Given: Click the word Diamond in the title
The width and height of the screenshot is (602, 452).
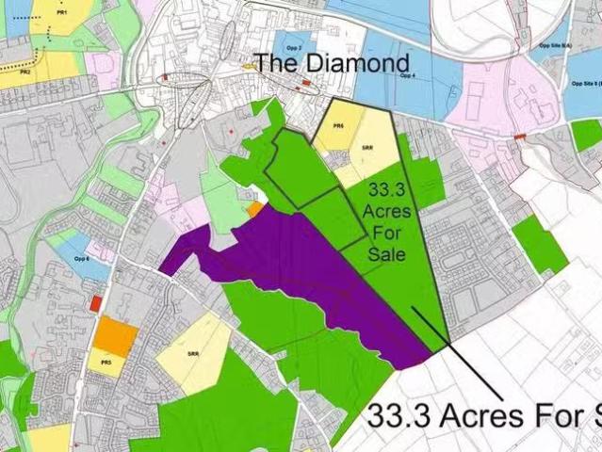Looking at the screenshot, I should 363,63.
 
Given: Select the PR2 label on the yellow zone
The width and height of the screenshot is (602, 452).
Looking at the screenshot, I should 26,72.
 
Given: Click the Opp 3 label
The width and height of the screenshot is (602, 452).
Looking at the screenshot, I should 292,44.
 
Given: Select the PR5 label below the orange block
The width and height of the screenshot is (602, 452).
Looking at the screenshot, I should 106,363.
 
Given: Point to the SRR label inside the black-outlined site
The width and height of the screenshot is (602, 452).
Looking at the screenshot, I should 368,147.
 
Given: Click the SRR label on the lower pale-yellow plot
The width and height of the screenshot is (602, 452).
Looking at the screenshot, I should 193,353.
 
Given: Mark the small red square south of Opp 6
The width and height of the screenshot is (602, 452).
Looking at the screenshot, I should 96,303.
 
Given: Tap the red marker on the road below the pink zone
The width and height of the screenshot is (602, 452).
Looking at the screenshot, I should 520,137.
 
